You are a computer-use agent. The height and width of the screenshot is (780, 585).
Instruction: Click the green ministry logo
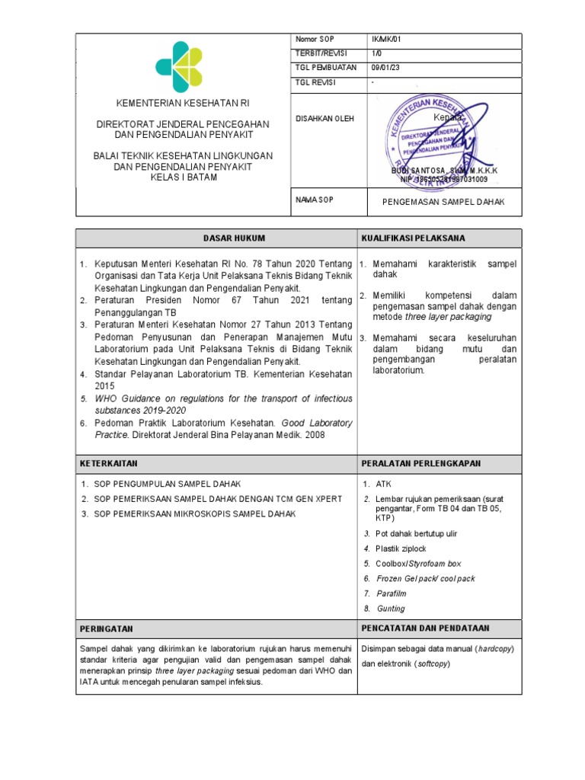(179, 65)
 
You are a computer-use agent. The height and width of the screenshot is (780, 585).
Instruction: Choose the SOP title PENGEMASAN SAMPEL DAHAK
(443, 202)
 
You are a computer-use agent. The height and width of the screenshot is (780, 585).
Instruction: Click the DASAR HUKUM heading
(216, 238)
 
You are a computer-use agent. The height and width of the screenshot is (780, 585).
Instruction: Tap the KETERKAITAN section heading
(109, 463)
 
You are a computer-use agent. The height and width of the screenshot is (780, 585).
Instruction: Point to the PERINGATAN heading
(107, 628)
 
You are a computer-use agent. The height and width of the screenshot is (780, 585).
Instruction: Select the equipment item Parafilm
(392, 593)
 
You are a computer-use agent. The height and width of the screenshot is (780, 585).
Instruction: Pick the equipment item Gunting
(391, 609)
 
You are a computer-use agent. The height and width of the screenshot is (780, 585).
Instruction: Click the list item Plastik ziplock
(401, 548)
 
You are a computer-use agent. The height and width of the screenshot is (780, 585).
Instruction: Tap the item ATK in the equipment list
(382, 484)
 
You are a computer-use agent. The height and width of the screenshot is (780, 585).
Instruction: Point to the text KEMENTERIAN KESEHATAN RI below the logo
(183, 103)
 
